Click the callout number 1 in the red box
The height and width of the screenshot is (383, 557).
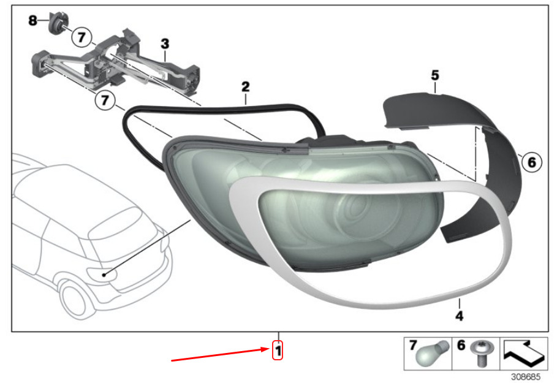[278, 351]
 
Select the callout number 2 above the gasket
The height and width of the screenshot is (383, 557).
[246, 86]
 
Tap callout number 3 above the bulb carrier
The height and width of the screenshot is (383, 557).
[165, 44]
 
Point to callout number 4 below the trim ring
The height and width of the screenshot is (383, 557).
[460, 316]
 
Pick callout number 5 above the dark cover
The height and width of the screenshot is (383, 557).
[435, 75]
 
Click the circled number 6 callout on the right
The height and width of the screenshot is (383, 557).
[532, 162]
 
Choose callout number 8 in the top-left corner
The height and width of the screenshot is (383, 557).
[32, 20]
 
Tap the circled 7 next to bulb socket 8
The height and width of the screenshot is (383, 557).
[81, 37]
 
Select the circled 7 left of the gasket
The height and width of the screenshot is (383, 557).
[104, 100]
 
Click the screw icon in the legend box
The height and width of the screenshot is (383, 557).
[480, 354]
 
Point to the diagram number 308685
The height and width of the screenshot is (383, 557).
[525, 376]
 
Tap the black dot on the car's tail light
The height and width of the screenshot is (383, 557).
[104, 275]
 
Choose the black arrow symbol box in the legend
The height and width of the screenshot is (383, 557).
[524, 354]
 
